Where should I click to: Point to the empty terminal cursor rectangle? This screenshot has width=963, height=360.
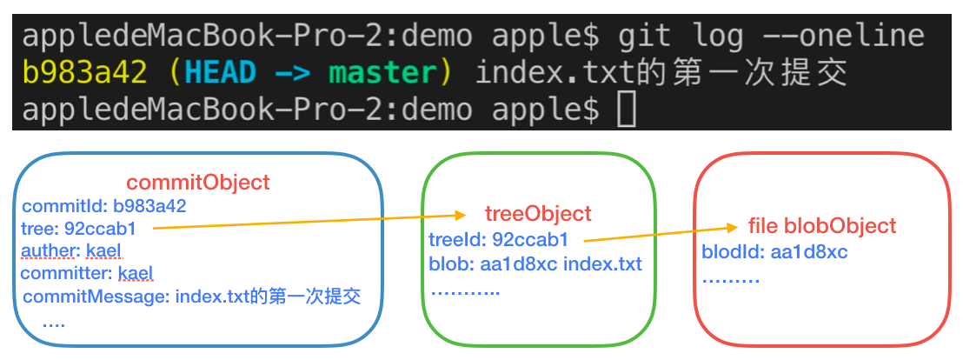[x=626, y=110]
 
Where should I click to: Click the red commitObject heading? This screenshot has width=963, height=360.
[x=198, y=183]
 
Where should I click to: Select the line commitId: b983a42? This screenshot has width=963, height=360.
[x=104, y=206]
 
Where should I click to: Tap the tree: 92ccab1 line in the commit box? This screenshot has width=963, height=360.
[x=84, y=229]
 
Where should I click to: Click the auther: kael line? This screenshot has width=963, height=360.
[x=72, y=251]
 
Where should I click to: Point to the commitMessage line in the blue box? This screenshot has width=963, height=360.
[x=192, y=297]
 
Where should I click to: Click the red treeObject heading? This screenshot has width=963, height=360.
[x=538, y=213]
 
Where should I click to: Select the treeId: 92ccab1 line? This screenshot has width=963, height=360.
[x=499, y=239]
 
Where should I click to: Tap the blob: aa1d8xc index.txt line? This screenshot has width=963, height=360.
[x=535, y=263]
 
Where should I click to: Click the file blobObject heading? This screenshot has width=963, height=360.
[x=822, y=226]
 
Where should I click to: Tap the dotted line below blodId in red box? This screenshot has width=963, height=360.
[x=731, y=280]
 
